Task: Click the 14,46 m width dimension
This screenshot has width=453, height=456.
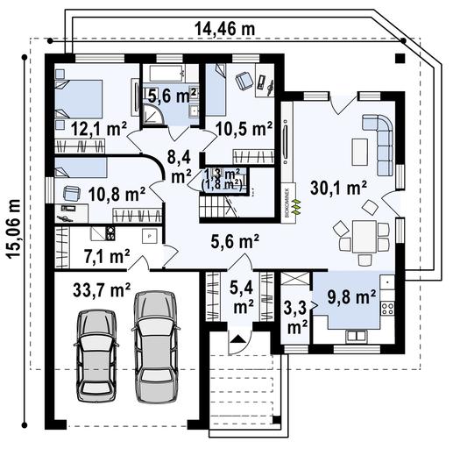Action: click(224, 30)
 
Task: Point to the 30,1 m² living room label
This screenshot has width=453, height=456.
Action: click(338, 186)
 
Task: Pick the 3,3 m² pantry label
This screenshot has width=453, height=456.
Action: click(297, 317)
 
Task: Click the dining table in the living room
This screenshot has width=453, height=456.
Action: click(364, 235)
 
